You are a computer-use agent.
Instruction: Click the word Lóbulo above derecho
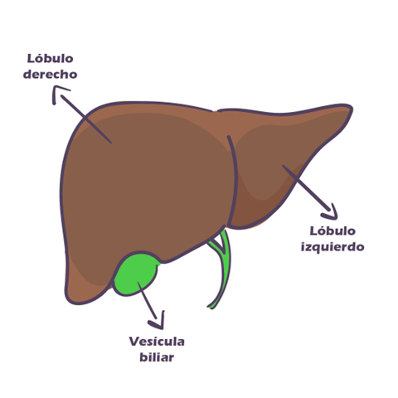click(51, 58)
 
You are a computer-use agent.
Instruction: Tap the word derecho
click(50, 74)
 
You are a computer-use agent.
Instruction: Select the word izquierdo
click(332, 247)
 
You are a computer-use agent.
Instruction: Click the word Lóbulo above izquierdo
click(332, 231)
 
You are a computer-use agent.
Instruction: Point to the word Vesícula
click(157, 342)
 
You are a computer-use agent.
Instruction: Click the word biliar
click(157, 357)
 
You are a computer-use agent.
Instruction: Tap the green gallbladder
click(136, 274)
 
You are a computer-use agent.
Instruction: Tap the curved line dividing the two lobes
click(235, 180)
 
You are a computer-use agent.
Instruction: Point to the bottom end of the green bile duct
click(210, 307)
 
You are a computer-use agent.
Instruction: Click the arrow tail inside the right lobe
click(111, 143)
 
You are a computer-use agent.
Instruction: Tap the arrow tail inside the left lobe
click(283, 166)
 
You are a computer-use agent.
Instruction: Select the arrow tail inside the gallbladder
click(138, 283)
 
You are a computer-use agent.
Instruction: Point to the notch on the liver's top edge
click(216, 111)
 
